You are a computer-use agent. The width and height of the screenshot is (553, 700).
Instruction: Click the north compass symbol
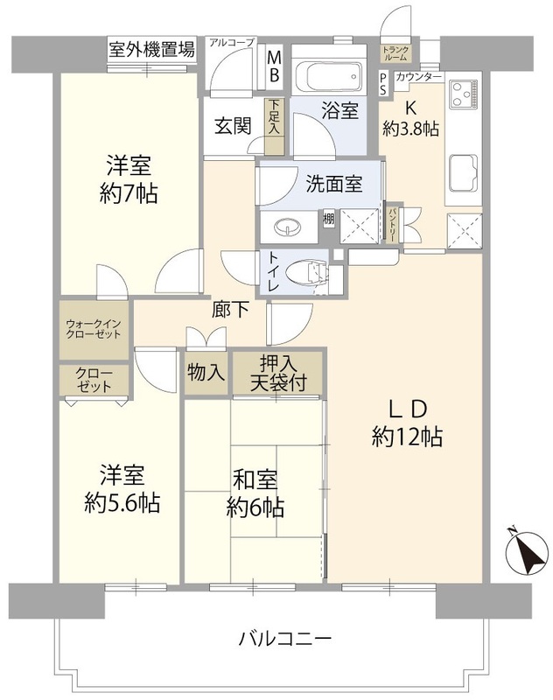coord(528,551)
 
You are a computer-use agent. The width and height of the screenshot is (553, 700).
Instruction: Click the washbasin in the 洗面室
coord(287,227)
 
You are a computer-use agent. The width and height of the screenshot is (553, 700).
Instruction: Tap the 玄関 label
coord(233,125)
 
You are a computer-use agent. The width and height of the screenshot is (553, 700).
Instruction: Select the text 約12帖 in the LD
coord(408,437)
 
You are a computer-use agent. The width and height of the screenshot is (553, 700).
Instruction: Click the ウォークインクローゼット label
coord(94,329)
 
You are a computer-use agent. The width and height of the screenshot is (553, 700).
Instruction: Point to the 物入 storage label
coord(206,372)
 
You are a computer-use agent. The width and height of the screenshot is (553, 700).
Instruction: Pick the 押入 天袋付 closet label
coord(278,373)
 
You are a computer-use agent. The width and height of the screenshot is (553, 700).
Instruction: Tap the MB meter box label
coord(274,66)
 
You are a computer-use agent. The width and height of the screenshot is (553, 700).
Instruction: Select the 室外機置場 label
coord(151,49)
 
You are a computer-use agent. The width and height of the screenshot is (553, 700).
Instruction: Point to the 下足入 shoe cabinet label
coord(274,117)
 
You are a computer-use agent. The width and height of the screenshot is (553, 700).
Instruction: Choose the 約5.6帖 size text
coord(122,504)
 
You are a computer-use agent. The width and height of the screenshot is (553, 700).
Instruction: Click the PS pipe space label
coord(383,84)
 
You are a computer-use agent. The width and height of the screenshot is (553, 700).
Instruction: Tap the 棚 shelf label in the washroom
coord(329,220)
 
